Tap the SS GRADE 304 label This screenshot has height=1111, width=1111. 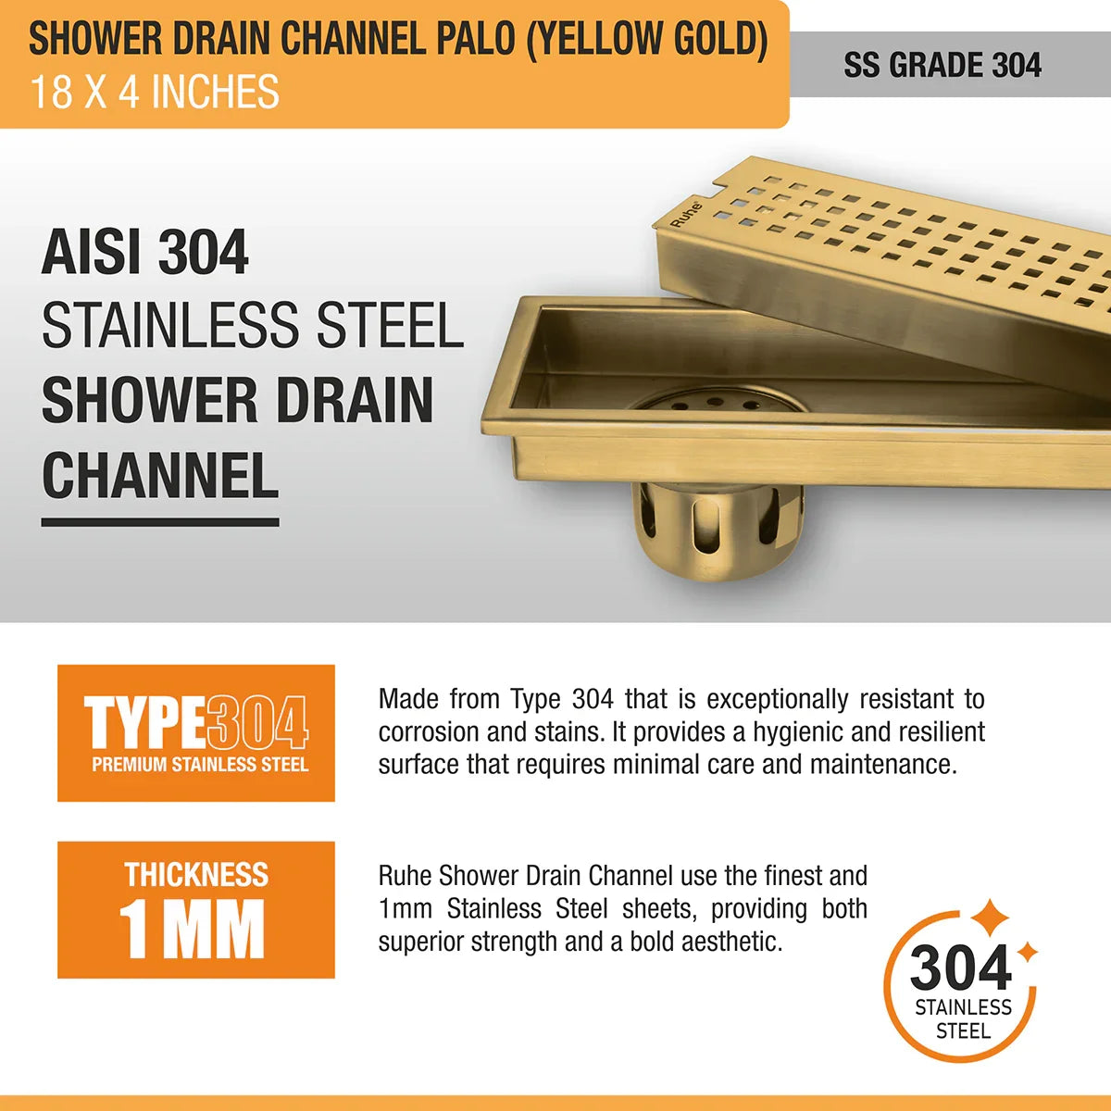pyautogui.click(x=942, y=65)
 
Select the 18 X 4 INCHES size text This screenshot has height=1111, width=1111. pyautogui.click(x=155, y=93)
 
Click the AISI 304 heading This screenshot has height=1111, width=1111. pyautogui.click(x=145, y=253)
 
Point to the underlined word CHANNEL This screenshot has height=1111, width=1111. pyautogui.click(x=160, y=475)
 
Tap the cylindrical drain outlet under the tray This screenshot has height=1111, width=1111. pyautogui.click(x=718, y=532)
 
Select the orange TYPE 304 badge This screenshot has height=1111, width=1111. pyautogui.click(x=196, y=732)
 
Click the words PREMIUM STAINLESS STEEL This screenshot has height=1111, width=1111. pyautogui.click(x=200, y=765)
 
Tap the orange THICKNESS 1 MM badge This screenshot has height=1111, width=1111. pyautogui.click(x=196, y=909)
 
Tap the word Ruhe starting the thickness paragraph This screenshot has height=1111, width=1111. pyautogui.click(x=406, y=876)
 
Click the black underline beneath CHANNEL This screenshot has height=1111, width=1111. pyautogui.click(x=160, y=522)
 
